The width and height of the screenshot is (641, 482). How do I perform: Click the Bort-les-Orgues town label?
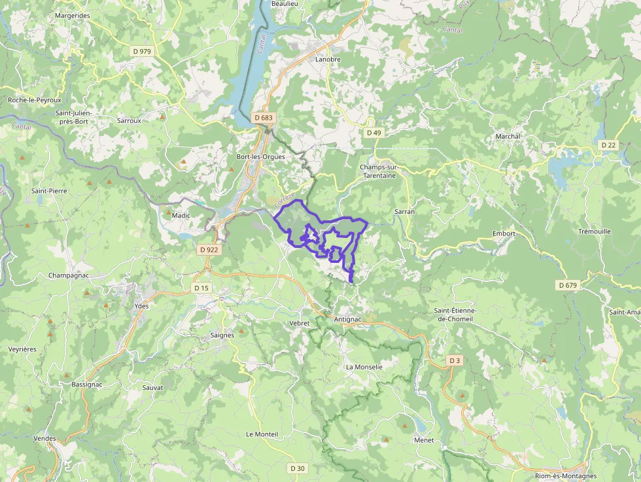pyautogui.click(x=262, y=157)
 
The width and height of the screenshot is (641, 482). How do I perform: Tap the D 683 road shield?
pyautogui.click(x=263, y=118)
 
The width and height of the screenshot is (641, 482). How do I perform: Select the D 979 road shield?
pyautogui.click(x=141, y=51)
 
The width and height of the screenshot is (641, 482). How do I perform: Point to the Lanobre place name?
pyautogui.click(x=328, y=60)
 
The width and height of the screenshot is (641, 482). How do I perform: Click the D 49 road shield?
pyautogui.click(x=373, y=132)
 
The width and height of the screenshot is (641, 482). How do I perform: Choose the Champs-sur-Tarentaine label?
pyautogui.click(x=383, y=171)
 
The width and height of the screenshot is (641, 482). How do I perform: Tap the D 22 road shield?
pyautogui.click(x=608, y=145)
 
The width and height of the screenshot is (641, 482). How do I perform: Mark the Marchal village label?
pyautogui.click(x=508, y=136)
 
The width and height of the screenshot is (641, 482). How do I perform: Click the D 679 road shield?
pyautogui.click(x=568, y=285)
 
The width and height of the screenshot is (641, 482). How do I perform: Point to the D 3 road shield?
pyautogui.click(x=455, y=360)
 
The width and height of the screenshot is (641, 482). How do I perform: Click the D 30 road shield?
pyautogui.click(x=297, y=468)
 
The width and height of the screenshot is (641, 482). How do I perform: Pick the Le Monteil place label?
pyautogui.click(x=262, y=434)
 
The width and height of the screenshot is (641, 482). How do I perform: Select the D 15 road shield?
pyautogui.click(x=201, y=288)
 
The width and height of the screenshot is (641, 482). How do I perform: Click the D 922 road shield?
pyautogui.click(x=209, y=249)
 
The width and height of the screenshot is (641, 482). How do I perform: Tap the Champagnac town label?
pyautogui.click(x=68, y=275)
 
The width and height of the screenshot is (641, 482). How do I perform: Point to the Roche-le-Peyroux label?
pyautogui.click(x=35, y=100)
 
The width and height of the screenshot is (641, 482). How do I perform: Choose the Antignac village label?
pyautogui.click(x=347, y=319)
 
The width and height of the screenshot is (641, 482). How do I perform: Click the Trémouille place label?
pyautogui.click(x=595, y=232)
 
